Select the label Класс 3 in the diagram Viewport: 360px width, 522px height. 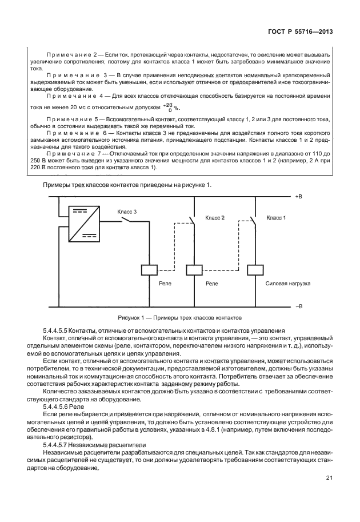click(x=127, y=211)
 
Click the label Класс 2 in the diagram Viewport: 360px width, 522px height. click(x=215, y=218)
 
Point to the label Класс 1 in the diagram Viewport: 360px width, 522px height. click(x=277, y=218)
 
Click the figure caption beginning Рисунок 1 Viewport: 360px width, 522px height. click(x=180, y=317)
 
